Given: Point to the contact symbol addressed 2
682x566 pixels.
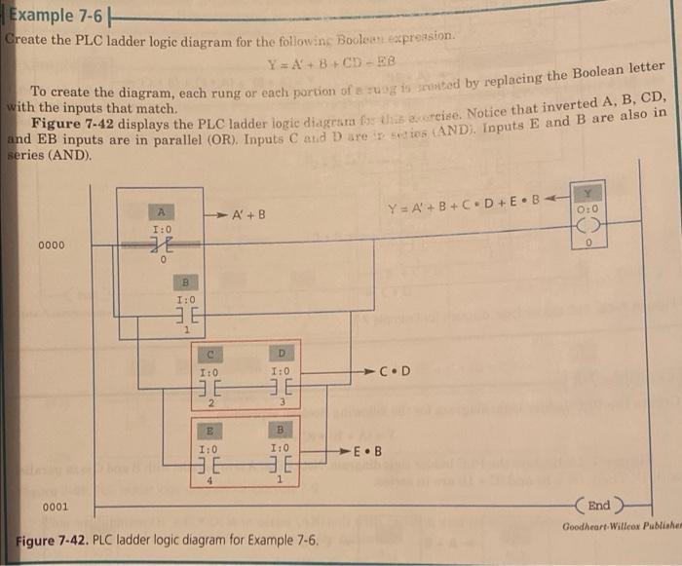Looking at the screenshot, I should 208,388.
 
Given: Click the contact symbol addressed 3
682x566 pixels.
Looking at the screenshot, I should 281,388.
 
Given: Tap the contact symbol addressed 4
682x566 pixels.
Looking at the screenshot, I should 208,465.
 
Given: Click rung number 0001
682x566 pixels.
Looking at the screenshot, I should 54,507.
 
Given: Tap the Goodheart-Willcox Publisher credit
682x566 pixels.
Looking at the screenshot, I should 622,527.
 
